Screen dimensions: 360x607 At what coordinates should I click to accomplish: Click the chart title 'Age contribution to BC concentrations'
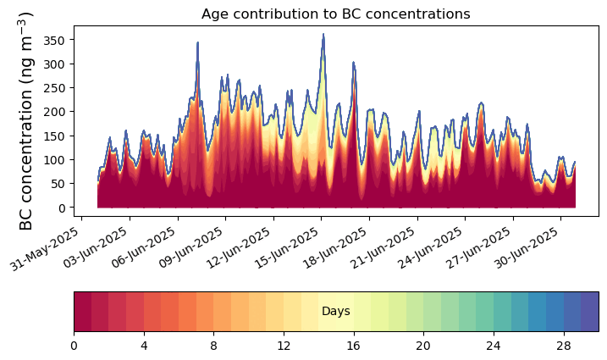[335, 14]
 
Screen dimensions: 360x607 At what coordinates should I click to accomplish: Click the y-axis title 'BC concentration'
[26, 121]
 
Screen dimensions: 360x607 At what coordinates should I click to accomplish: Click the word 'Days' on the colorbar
[336, 312]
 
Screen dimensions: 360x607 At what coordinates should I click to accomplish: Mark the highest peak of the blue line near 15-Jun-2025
[323, 35]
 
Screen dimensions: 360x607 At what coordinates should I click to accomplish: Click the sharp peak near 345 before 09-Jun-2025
[198, 42]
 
